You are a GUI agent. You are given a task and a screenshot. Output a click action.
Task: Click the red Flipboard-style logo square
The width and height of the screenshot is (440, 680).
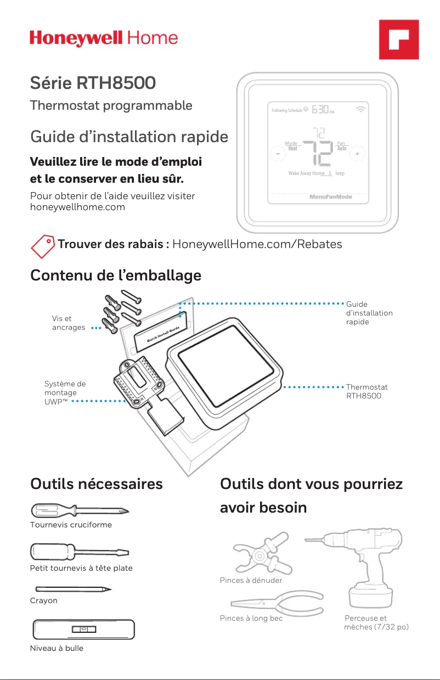399,40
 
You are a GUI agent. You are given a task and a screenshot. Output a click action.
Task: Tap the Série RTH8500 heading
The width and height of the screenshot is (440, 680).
93,83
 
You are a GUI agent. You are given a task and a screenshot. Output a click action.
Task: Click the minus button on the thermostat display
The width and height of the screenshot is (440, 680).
278,154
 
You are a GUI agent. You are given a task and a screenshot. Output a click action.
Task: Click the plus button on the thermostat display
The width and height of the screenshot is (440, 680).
357,154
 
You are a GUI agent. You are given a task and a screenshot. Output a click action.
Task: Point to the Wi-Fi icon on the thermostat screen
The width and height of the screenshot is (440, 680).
361,109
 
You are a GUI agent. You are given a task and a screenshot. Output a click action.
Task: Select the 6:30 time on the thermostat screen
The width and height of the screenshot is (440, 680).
321,110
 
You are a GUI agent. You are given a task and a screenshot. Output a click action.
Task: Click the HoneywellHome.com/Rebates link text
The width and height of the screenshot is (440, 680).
257,244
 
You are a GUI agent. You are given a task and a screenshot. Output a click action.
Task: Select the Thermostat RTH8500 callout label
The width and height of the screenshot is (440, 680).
366,391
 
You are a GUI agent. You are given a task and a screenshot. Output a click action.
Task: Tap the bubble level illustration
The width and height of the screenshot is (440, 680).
83,629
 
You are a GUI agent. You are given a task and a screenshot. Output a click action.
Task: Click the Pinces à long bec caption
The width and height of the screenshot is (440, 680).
251,619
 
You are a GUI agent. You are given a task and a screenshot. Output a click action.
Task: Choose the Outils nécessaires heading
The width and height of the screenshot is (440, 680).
97,484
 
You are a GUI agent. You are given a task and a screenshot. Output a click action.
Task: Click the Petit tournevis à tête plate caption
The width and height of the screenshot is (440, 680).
81,568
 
